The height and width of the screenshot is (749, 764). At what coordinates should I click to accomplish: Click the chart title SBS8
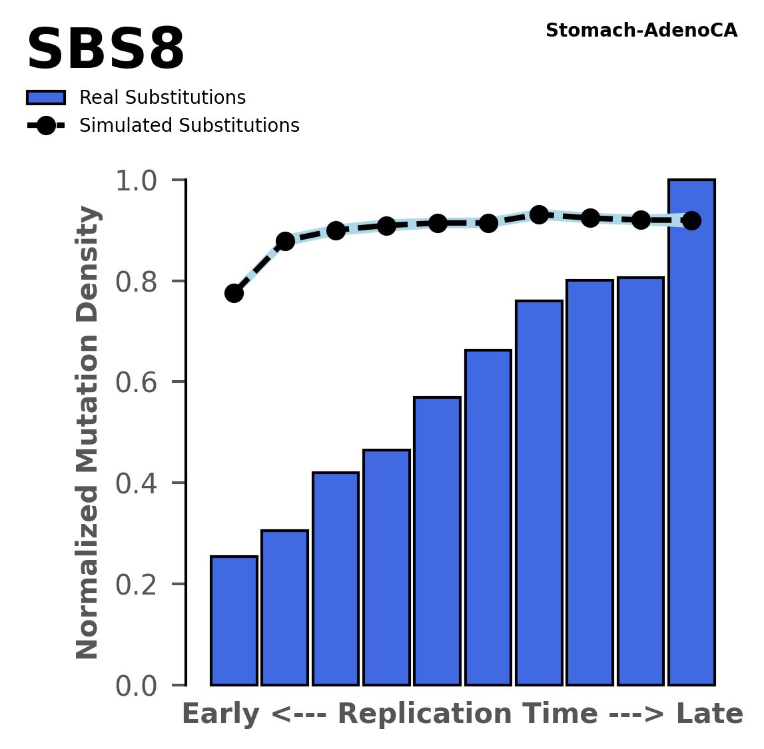point(105,51)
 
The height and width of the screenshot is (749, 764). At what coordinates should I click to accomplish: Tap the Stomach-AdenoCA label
point(641,31)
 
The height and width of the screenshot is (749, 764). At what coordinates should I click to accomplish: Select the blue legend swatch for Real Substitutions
point(45,98)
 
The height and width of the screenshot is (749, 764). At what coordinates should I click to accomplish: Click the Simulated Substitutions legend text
point(189,126)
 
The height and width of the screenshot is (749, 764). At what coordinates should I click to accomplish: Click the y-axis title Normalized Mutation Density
point(88,433)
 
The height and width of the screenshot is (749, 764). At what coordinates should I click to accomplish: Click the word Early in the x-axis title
point(220,714)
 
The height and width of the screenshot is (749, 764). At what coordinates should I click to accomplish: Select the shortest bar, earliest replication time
point(234,621)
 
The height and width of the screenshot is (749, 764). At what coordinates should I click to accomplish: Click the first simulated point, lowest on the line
point(234,293)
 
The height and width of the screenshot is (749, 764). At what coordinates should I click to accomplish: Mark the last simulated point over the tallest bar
point(691,220)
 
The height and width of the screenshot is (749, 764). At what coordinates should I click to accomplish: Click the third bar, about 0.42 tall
point(336,579)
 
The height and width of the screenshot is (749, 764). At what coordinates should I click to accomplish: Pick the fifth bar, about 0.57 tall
point(437,541)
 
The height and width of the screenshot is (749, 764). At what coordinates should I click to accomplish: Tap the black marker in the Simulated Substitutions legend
point(45,126)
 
